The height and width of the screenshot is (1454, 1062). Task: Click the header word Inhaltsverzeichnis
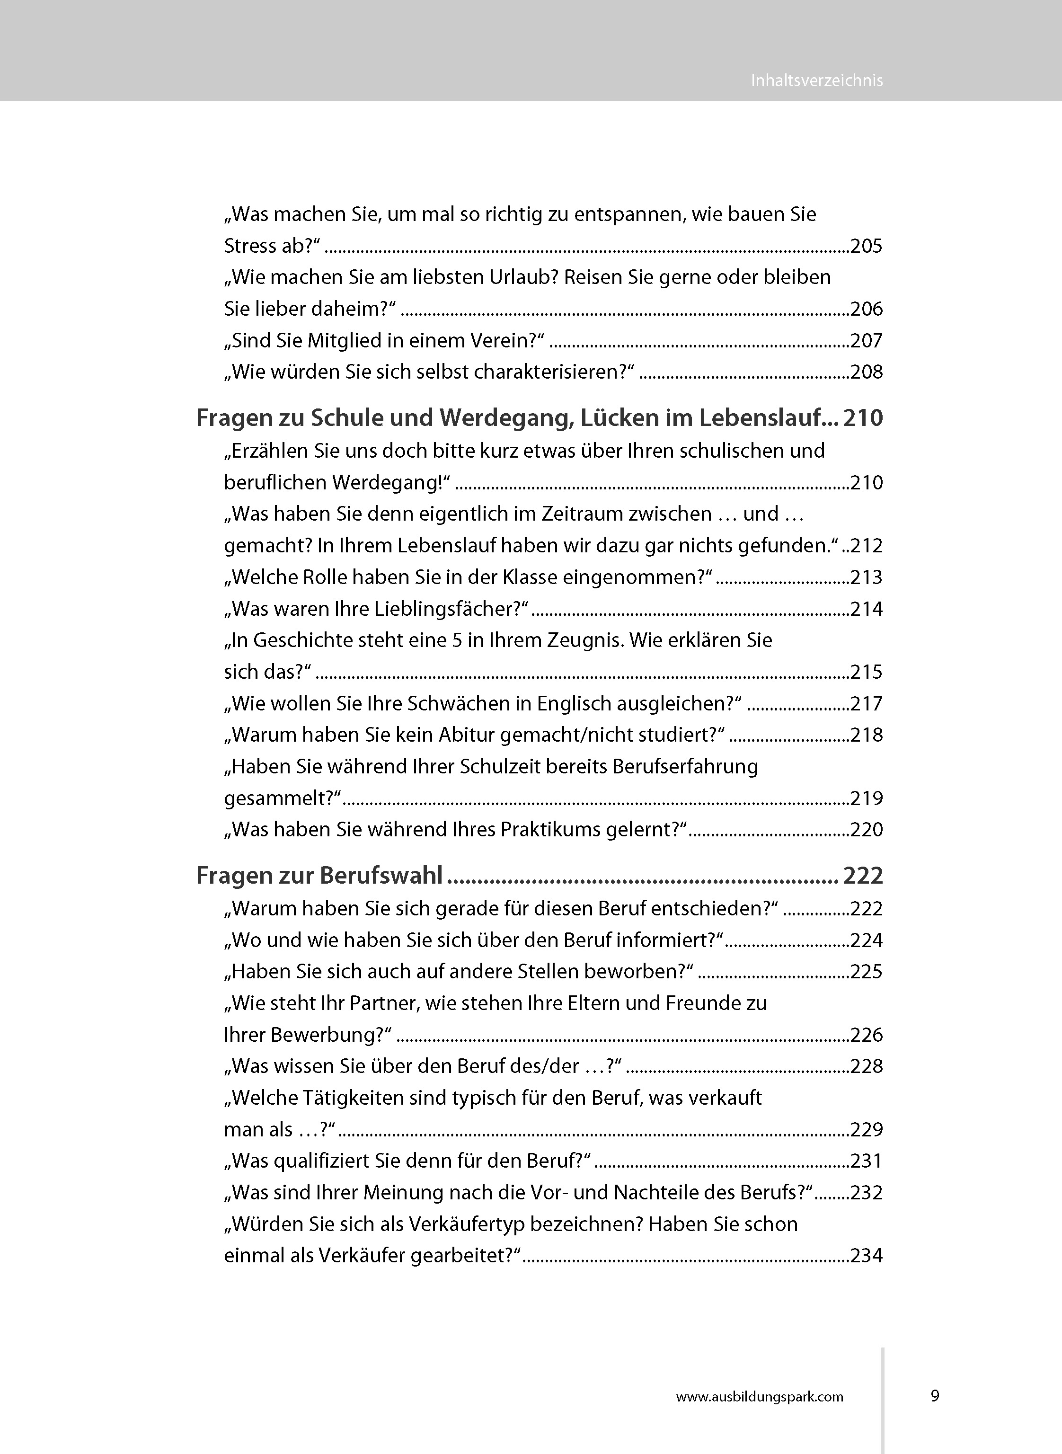click(x=816, y=80)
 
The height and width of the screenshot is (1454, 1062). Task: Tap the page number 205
click(x=866, y=246)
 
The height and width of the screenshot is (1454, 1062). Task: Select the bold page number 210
click(x=863, y=418)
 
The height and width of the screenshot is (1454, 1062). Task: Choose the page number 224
click(x=866, y=940)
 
